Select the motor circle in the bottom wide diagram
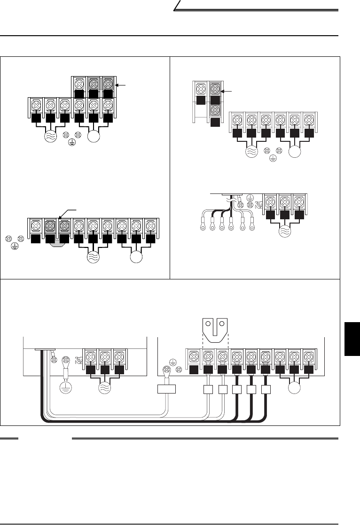pos(295,390)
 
